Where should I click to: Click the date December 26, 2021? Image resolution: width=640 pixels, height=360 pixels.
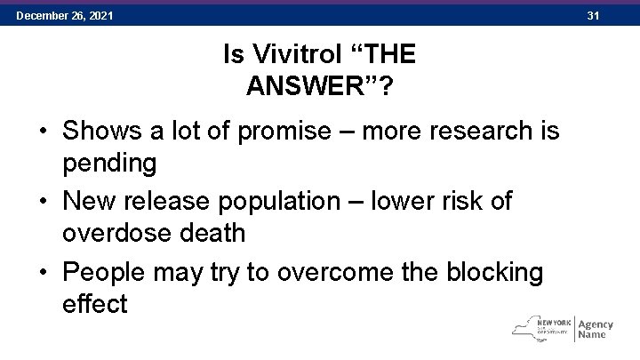point(64,16)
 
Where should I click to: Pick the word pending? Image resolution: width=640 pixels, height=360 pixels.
point(109,163)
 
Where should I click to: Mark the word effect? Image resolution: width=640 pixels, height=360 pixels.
point(95,303)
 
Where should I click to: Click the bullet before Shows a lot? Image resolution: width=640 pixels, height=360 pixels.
point(42,132)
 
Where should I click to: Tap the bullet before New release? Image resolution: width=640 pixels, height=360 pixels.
point(42,202)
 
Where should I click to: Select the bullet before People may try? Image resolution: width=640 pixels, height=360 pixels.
point(42,272)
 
